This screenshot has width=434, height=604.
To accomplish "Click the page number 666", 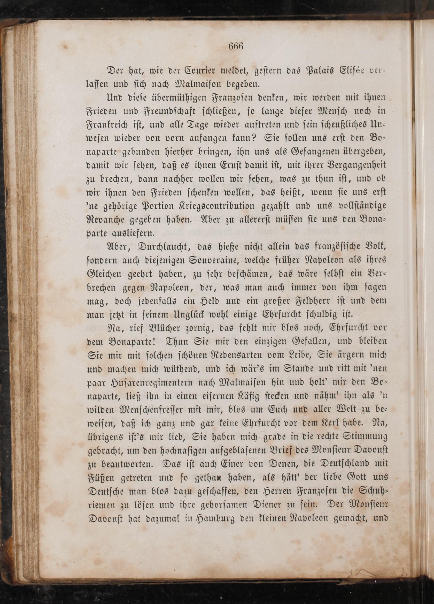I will click(236, 46).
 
